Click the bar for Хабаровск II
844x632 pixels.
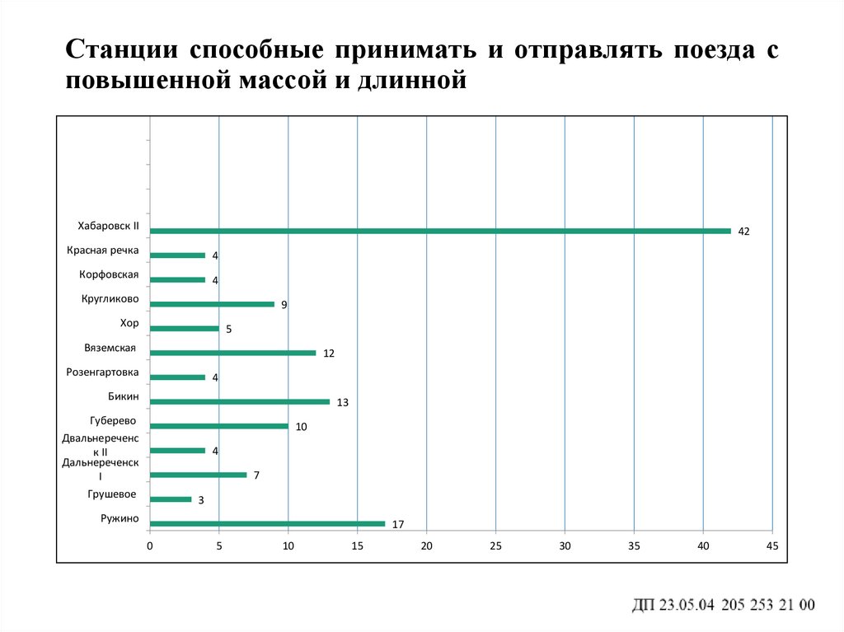440,231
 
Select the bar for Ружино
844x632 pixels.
267,523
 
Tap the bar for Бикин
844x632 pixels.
240,402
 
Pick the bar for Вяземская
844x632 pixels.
232,353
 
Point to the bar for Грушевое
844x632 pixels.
171,499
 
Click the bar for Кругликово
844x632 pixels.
212,304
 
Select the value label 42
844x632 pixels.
743,232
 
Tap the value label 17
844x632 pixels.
398,525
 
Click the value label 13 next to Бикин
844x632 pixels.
343,403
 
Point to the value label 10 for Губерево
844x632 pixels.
301,427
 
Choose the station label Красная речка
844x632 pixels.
103,250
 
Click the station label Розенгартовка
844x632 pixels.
102,372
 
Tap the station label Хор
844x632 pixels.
129,323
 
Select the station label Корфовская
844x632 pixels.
109,274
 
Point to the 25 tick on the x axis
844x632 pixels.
495,546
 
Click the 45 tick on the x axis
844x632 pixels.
772,546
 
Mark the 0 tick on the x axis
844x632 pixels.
150,546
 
